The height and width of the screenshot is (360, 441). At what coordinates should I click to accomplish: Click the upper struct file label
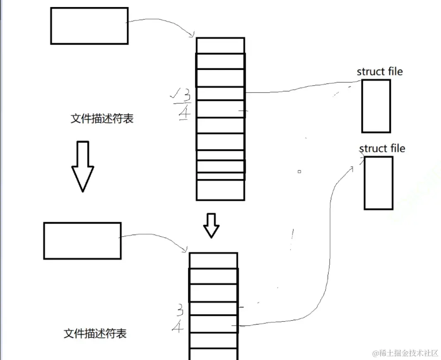(379, 72)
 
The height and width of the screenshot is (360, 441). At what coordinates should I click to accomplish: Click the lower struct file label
(382, 148)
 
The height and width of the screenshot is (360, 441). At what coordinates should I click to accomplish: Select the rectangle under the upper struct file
(376, 106)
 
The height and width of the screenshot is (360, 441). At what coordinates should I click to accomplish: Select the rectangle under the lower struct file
(378, 183)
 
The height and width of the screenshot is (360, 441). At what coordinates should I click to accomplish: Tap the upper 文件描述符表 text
(102, 119)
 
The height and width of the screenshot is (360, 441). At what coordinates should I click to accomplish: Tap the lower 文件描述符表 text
(95, 334)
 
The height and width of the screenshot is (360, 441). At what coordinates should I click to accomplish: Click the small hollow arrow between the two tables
(211, 225)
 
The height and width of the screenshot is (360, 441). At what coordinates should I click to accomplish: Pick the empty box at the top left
(89, 26)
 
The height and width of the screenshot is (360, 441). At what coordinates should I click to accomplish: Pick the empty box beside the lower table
(82, 241)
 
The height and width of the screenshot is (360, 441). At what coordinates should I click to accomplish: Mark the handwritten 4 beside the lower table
(178, 327)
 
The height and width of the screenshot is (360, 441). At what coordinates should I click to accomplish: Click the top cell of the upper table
(220, 45)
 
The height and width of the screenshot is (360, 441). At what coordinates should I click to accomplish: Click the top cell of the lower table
(213, 260)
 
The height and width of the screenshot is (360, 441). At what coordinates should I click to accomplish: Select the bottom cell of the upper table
(220, 190)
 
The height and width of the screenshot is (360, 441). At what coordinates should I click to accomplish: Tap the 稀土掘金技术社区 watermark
(405, 353)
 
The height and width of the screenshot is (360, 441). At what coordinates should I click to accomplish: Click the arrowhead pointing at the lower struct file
(352, 168)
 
